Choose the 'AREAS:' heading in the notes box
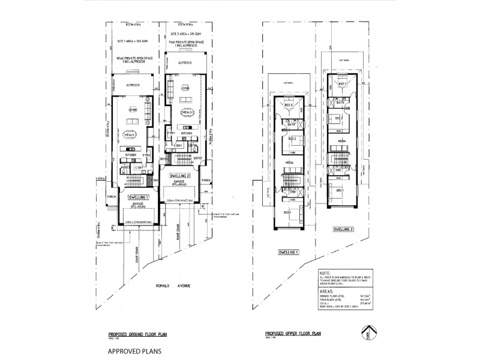pyautogui.click(x=328, y=288)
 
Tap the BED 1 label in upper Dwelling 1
pyautogui.click(x=287, y=212)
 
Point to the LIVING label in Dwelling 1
pyautogui.click(x=133, y=110)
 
